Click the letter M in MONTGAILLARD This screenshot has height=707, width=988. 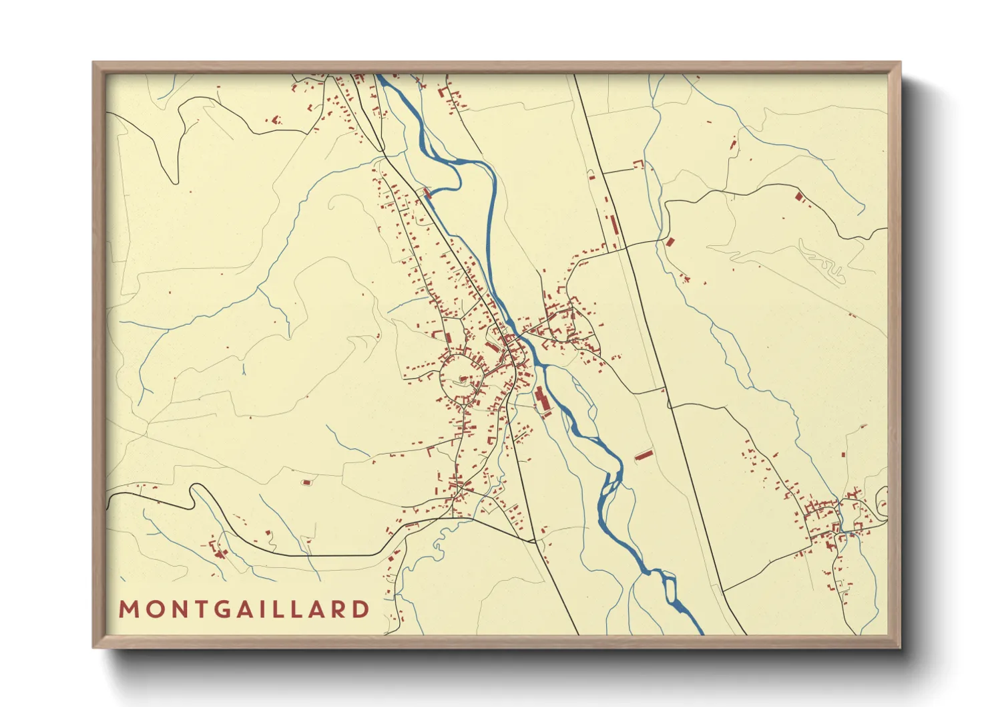(128, 609)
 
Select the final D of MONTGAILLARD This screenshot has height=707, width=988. (361, 609)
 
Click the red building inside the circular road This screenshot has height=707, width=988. (463, 380)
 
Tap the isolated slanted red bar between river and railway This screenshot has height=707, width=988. (643, 456)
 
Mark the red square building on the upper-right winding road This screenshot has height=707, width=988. (800, 196)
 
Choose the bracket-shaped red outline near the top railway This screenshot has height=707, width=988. (639, 162)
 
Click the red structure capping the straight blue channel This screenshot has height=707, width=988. (427, 194)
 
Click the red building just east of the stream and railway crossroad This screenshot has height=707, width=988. (670, 241)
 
